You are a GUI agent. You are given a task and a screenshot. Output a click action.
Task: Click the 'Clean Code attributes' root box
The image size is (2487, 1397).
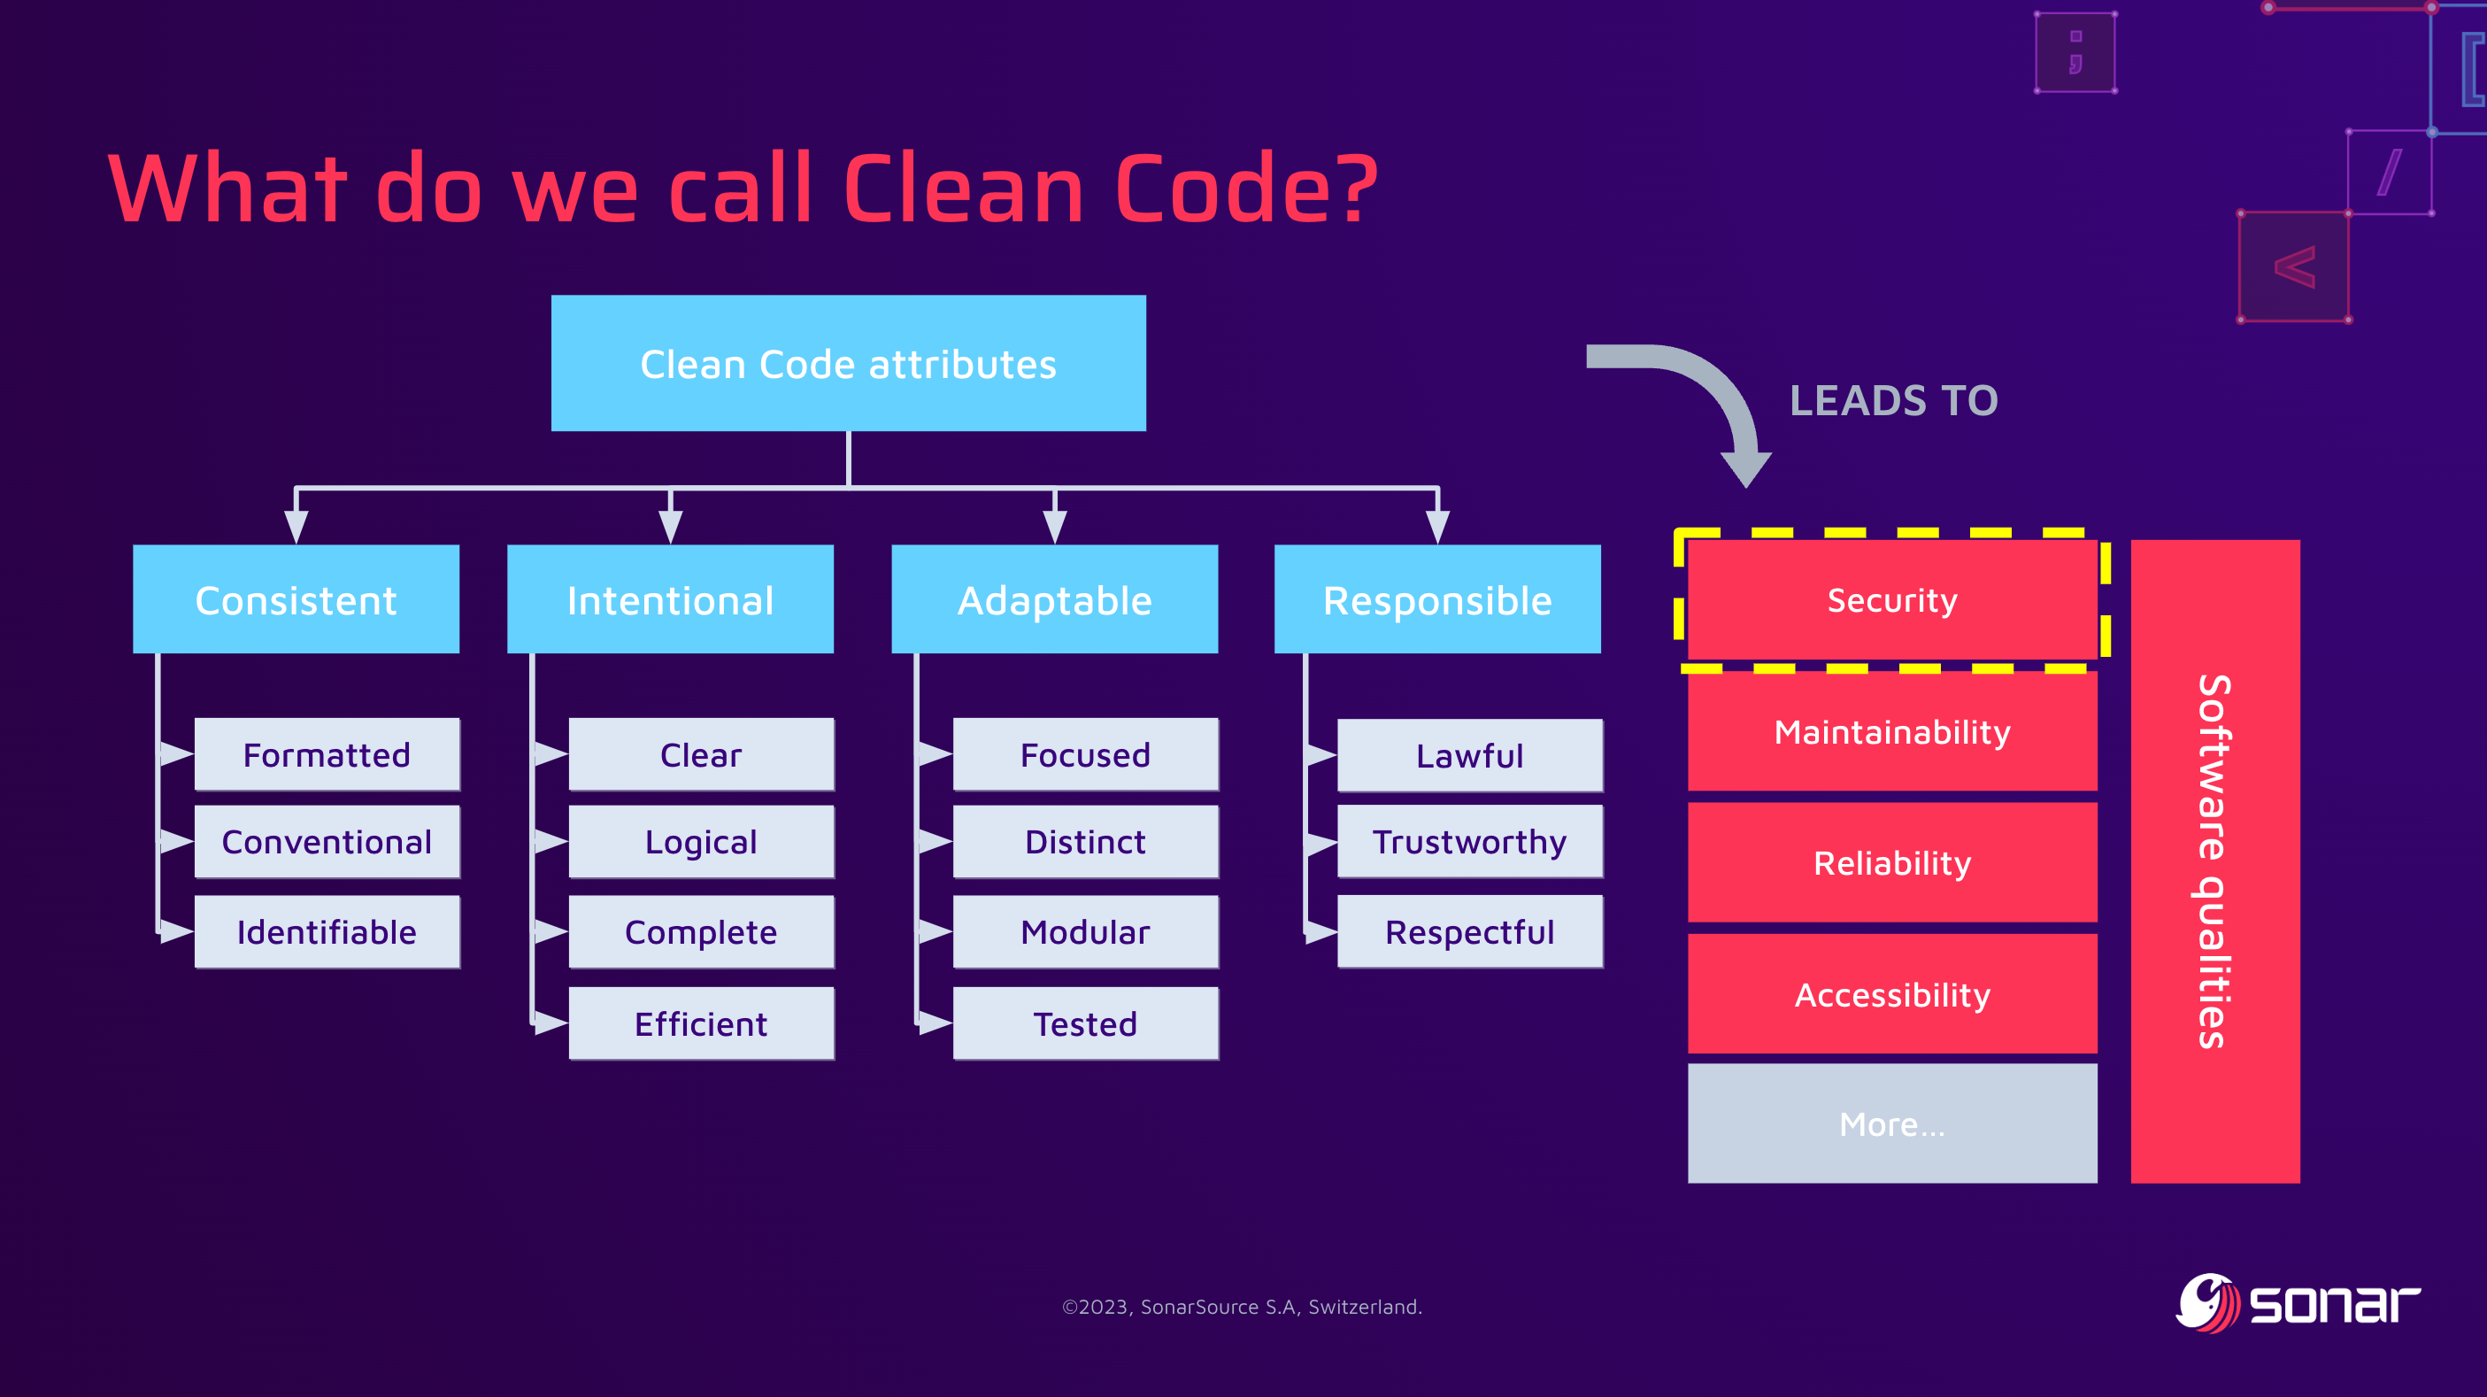[848, 363]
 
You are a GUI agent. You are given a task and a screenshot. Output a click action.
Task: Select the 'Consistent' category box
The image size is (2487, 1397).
[296, 599]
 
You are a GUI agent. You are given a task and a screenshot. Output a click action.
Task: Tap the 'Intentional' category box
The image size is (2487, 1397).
[670, 599]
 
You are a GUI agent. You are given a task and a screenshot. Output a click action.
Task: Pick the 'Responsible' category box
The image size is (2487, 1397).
[1436, 599]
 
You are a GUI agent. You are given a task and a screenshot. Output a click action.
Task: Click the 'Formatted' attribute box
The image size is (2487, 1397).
[327, 754]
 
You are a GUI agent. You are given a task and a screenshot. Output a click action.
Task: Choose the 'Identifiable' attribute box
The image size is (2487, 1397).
[327, 931]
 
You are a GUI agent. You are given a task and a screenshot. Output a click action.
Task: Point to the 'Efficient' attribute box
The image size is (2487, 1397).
[701, 1023]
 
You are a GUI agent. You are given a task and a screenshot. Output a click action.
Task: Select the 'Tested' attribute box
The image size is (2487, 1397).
[1085, 1023]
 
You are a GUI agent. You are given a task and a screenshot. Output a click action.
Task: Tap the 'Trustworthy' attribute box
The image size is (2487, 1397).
[1469, 842]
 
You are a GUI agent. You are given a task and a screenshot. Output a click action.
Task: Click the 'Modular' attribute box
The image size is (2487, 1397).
[1085, 931]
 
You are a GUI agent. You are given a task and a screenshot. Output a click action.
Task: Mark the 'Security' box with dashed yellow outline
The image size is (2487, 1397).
[1891, 599]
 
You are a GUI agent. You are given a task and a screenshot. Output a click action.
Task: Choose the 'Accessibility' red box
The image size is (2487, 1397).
[1891, 994]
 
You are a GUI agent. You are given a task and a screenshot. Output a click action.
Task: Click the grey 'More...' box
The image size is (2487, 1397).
[1891, 1123]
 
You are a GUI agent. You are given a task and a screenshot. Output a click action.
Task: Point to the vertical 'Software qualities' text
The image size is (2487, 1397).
[2214, 861]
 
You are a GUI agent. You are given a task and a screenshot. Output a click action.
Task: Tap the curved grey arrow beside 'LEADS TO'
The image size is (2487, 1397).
[1709, 396]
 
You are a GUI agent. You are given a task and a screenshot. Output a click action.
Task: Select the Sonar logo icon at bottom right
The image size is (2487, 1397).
[2207, 1302]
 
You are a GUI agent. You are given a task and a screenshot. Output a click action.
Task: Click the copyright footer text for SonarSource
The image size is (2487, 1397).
[1242, 1306]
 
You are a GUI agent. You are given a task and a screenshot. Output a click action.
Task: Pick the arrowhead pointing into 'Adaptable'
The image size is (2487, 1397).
[1054, 525]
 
